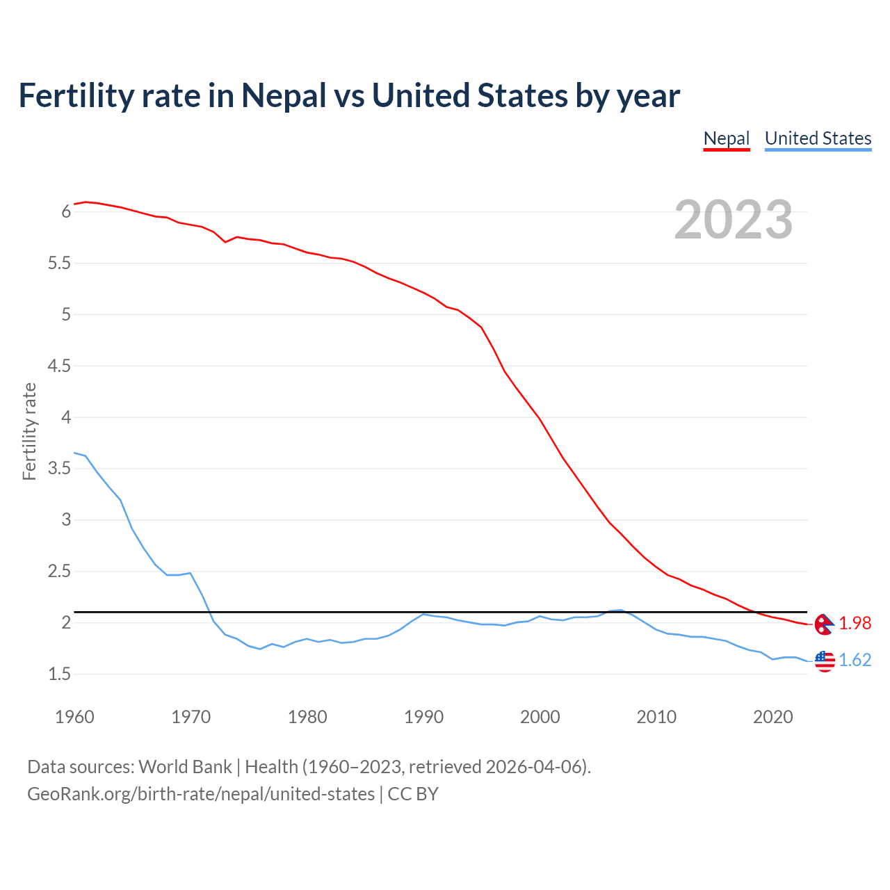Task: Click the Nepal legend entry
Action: pyautogui.click(x=727, y=138)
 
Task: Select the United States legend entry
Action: pyautogui.click(x=818, y=138)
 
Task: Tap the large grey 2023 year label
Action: pyautogui.click(x=734, y=220)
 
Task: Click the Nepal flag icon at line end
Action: pyautogui.click(x=824, y=624)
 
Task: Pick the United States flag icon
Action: pyautogui.click(x=825, y=661)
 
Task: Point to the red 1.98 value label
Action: pyautogui.click(x=855, y=624)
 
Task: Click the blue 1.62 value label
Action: pyautogui.click(x=855, y=660)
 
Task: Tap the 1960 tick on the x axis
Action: pyautogui.click(x=74, y=717)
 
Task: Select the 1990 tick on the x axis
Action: pyautogui.click(x=423, y=717)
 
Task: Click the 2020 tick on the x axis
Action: pyautogui.click(x=772, y=717)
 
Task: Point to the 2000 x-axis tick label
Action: pyautogui.click(x=540, y=717)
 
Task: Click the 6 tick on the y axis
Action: pyautogui.click(x=66, y=211)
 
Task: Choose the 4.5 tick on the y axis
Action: pyautogui.click(x=59, y=366)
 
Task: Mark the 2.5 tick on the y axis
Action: pyautogui.click(x=59, y=572)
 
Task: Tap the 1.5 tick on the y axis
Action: pyautogui.click(x=59, y=674)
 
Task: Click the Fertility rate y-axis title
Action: pyautogui.click(x=29, y=431)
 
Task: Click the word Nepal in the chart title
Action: pyautogui.click(x=284, y=95)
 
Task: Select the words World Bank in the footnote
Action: pyautogui.click(x=185, y=767)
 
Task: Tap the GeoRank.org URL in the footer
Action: pyautogui.click(x=201, y=794)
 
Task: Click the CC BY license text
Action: pyautogui.click(x=413, y=794)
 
